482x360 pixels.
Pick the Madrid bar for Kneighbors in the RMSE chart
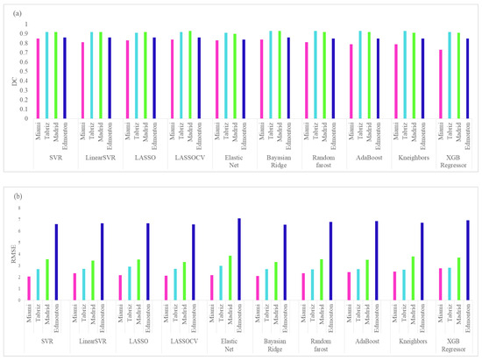click(409, 279)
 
